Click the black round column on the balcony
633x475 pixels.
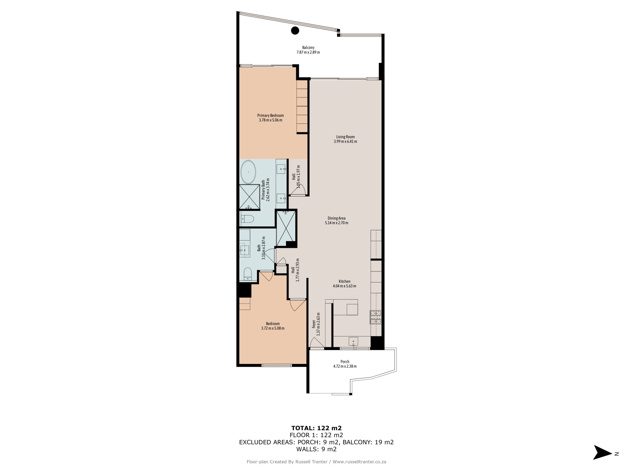[x=295, y=30]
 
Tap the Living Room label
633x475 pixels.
[x=345, y=137]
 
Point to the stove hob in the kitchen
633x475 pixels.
[x=376, y=317]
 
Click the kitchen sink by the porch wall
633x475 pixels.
[x=353, y=341]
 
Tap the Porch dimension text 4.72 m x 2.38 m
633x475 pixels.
[x=345, y=366]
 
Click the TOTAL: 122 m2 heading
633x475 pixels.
[x=316, y=428]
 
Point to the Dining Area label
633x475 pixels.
[x=337, y=218]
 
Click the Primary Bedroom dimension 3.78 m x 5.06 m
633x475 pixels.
[x=271, y=120]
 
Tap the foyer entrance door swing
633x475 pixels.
[x=316, y=343]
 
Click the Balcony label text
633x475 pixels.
[x=308, y=47]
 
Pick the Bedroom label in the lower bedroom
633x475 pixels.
[x=273, y=324]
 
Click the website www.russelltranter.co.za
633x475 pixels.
[x=360, y=462]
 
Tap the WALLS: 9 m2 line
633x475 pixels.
[x=316, y=449]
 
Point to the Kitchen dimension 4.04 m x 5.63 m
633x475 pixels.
[x=344, y=286]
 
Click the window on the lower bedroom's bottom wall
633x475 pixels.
[x=276, y=365]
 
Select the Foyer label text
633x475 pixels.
[x=314, y=324]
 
